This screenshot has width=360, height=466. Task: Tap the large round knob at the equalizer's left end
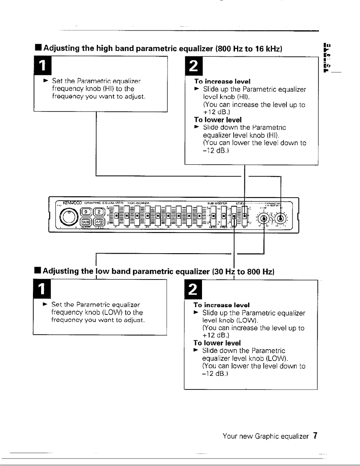68,215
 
